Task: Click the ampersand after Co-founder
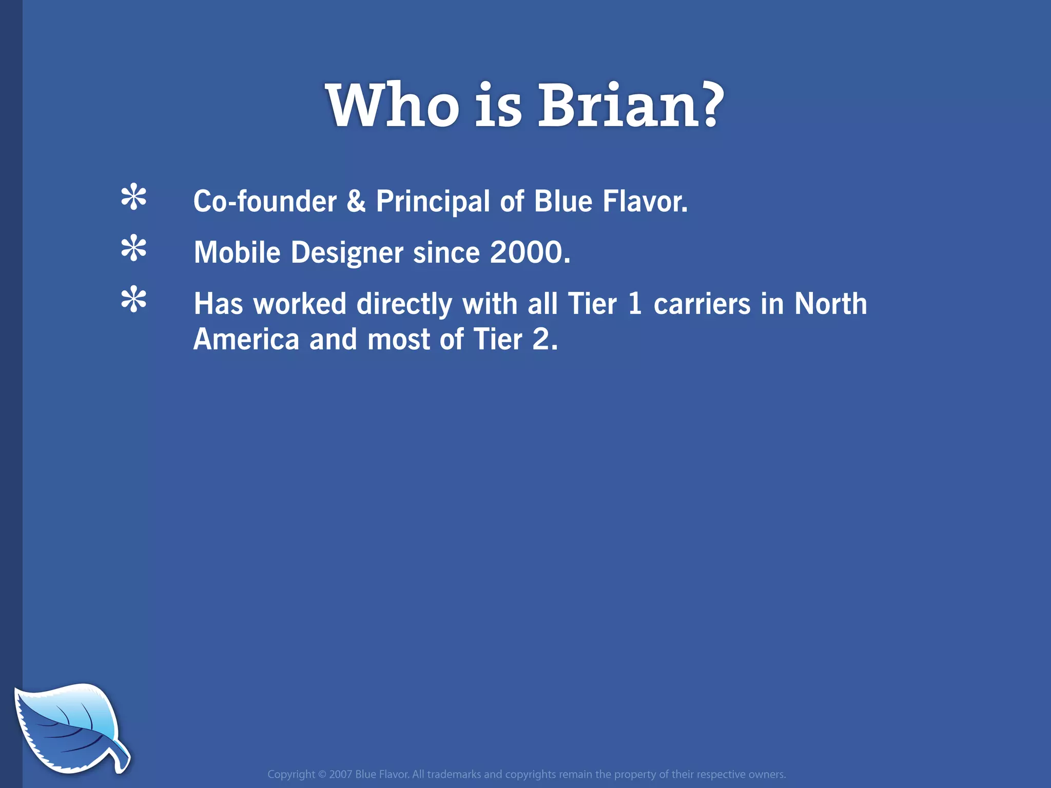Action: pyautogui.click(x=356, y=201)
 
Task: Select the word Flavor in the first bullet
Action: pyautogui.click(x=645, y=201)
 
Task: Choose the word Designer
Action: pyautogui.click(x=347, y=253)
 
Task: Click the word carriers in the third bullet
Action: pyautogui.click(x=702, y=304)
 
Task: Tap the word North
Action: pyautogui.click(x=830, y=304)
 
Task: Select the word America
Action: pyautogui.click(x=246, y=340)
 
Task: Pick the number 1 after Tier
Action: pyautogui.click(x=635, y=304)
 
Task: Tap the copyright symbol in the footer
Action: pyautogui.click(x=322, y=774)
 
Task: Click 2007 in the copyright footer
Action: pyautogui.click(x=340, y=774)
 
